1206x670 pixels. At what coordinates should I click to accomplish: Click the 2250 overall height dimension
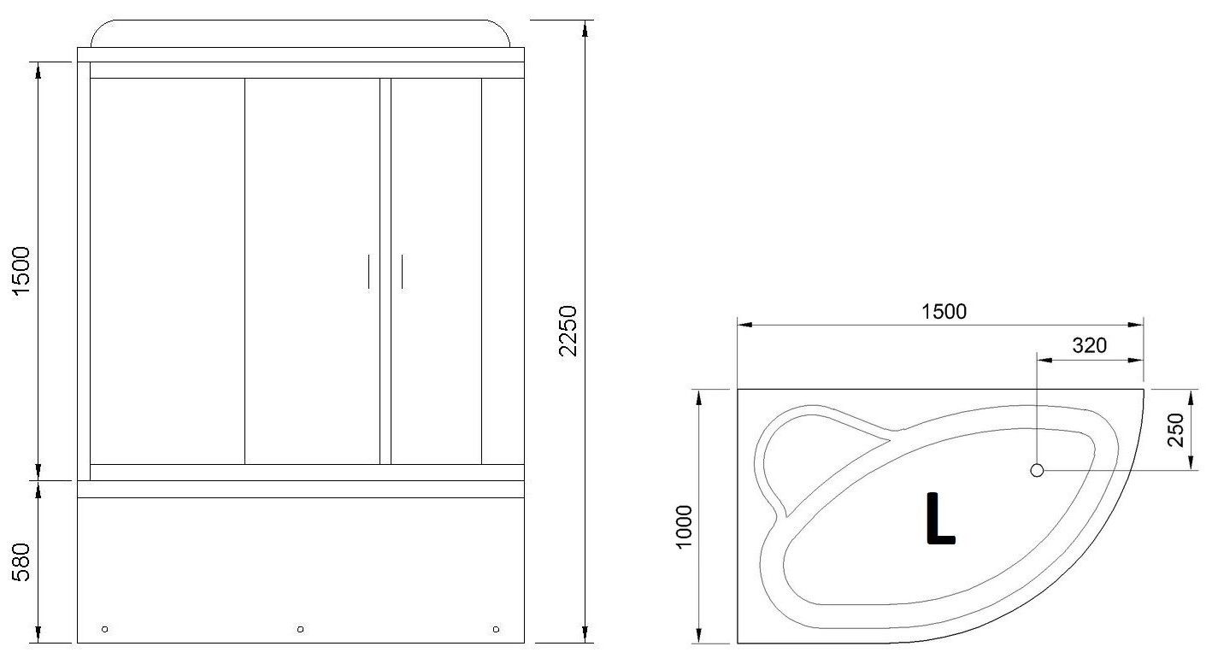pyautogui.click(x=568, y=331)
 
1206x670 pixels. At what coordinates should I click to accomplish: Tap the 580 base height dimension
pyautogui.click(x=21, y=561)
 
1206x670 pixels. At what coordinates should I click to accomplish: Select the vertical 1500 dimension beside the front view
pyautogui.click(x=21, y=271)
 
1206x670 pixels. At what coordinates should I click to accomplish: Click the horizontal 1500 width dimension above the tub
pyautogui.click(x=944, y=312)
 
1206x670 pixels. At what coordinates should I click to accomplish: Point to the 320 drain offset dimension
pyautogui.click(x=1089, y=345)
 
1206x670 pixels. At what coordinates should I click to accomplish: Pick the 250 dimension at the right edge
pyautogui.click(x=1176, y=430)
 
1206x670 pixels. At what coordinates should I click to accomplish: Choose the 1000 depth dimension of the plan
pyautogui.click(x=683, y=526)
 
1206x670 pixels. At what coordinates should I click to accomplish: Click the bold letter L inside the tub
pyautogui.click(x=940, y=518)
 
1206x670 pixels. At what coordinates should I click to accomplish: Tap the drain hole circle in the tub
pyautogui.click(x=1037, y=470)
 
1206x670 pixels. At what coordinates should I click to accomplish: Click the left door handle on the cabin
pyautogui.click(x=368, y=271)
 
